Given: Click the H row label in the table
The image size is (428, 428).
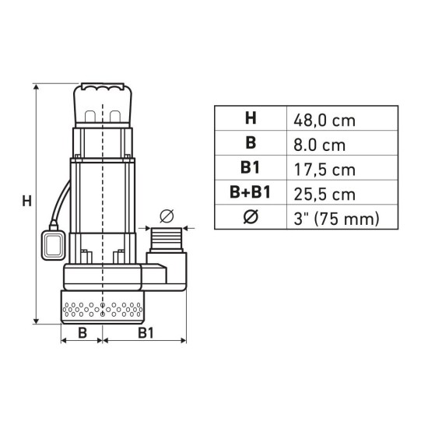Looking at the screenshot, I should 250,119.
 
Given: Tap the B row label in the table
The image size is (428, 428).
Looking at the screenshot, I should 250,144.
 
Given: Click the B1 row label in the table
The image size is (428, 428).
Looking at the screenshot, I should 250,169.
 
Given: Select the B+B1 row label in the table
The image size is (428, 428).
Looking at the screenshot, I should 250,194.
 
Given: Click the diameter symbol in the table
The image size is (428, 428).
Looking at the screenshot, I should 250,219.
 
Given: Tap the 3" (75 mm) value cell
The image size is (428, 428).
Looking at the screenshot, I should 336,219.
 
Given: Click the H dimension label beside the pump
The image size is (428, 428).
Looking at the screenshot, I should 26,201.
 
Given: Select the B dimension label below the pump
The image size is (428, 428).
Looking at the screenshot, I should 81,333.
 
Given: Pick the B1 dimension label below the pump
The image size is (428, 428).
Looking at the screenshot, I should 144,333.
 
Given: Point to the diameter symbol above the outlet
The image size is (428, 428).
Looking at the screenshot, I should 166,214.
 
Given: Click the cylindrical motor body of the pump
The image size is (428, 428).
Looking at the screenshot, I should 103,195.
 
